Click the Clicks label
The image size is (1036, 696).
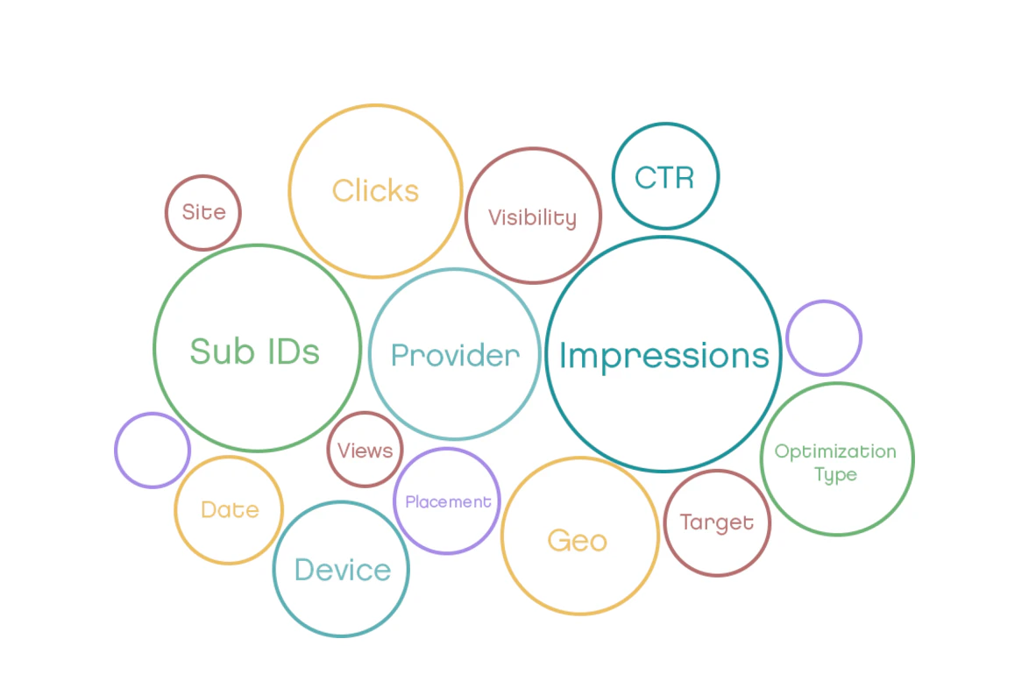tap(375, 191)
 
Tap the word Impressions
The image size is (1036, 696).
tap(663, 355)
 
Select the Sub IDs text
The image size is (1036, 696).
tap(255, 351)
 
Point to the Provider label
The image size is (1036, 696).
tap(455, 355)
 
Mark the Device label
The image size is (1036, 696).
tap(342, 570)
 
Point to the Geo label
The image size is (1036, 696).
tap(578, 540)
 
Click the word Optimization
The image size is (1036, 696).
tap(835, 452)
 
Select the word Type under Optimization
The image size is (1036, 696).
tap(835, 475)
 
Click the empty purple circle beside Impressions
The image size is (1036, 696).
tap(824, 337)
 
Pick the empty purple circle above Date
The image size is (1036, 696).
tap(153, 450)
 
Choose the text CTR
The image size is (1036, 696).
tap(664, 178)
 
